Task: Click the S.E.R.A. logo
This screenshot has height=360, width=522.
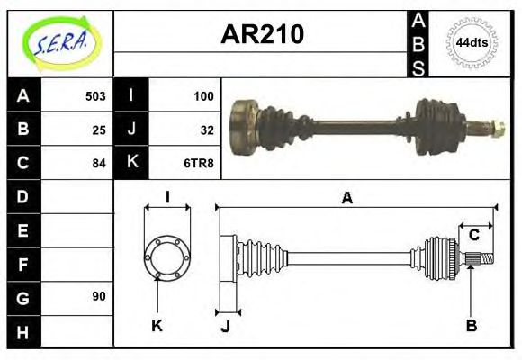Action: tap(58, 41)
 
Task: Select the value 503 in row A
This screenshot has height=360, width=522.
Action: tap(94, 96)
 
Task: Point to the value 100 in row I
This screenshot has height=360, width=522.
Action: tap(202, 96)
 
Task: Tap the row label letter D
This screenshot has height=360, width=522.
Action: tap(22, 196)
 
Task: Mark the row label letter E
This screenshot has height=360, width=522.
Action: tap(22, 230)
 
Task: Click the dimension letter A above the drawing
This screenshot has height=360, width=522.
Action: tap(346, 198)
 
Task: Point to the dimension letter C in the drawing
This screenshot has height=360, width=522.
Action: tap(473, 236)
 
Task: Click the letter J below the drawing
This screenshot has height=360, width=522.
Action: tap(225, 327)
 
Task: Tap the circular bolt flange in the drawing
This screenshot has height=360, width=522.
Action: tap(167, 256)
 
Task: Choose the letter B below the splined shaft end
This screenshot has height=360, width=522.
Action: tap(471, 326)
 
